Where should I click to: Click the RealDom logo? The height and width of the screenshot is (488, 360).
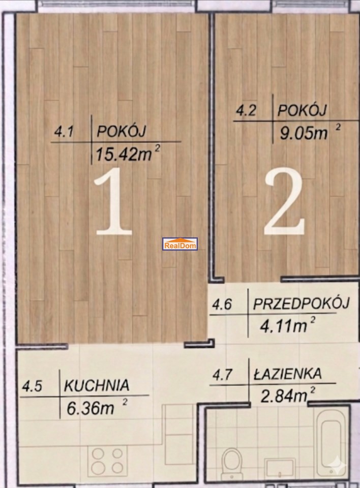click(x=180, y=244)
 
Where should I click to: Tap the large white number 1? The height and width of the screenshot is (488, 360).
click(x=113, y=201)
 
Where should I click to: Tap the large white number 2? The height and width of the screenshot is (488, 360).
click(x=284, y=201)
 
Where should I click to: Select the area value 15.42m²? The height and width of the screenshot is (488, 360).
click(x=128, y=154)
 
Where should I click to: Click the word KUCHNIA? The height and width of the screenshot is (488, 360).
click(x=97, y=385)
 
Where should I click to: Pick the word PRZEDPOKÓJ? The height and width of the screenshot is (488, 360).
click(x=301, y=303)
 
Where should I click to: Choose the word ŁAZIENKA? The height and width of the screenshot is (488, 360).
click(x=287, y=373)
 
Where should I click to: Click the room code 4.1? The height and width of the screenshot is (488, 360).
click(x=64, y=132)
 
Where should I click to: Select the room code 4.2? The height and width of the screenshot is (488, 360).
click(x=246, y=111)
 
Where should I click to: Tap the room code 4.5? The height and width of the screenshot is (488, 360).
click(x=32, y=387)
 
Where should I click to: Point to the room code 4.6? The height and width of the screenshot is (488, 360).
click(x=222, y=304)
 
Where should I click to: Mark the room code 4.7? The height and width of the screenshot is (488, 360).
click(x=222, y=375)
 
